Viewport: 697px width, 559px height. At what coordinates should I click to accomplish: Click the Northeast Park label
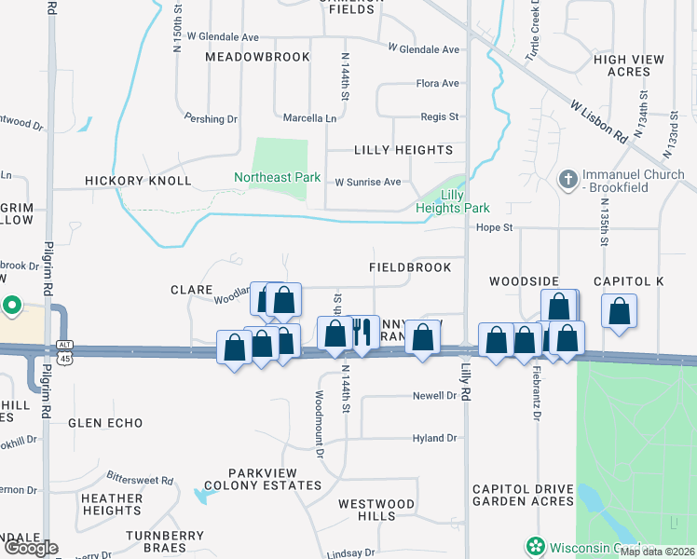[x=277, y=177]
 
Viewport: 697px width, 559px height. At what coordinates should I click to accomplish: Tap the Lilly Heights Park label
[x=452, y=201]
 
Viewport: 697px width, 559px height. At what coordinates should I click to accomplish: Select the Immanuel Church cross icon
[x=567, y=177]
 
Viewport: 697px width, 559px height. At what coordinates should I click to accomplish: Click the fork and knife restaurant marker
[x=362, y=333]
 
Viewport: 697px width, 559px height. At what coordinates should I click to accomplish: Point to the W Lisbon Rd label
[x=599, y=119]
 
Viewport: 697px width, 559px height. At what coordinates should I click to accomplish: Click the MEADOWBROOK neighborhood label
[x=257, y=57]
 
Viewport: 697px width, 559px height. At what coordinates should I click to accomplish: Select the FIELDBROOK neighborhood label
[x=410, y=267]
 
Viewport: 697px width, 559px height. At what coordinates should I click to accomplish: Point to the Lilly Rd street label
[x=464, y=383]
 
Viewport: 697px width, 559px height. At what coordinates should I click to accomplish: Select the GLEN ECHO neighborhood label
[x=105, y=423]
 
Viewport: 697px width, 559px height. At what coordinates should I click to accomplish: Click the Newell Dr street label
[x=434, y=396]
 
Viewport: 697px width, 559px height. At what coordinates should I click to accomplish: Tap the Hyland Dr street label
[x=434, y=438]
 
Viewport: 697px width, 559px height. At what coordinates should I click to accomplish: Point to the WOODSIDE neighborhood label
[x=524, y=281]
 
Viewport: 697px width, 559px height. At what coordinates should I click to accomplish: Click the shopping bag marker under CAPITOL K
[x=619, y=312]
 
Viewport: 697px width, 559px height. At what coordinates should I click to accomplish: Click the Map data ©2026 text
[x=657, y=552]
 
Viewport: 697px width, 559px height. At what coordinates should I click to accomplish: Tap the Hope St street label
[x=494, y=227]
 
